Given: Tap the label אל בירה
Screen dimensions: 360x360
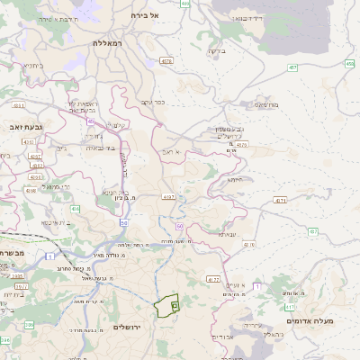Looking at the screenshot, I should pyautogui.click(x=144, y=15).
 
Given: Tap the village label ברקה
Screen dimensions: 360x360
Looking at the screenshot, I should pyautogui.click(x=216, y=50).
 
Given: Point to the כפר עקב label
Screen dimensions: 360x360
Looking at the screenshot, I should pyautogui.click(x=153, y=102).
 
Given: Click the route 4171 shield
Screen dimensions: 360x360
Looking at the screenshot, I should pyautogui.click(x=281, y=200).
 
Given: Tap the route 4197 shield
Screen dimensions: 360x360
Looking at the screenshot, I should pyautogui.click(x=167, y=196).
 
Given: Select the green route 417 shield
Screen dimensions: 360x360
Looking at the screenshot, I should pyautogui.click(x=291, y=307).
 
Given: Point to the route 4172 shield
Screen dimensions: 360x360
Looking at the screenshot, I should pyautogui.click(x=213, y=280).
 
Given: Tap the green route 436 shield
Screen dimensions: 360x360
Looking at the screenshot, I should pyautogui.click(x=76, y=209).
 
